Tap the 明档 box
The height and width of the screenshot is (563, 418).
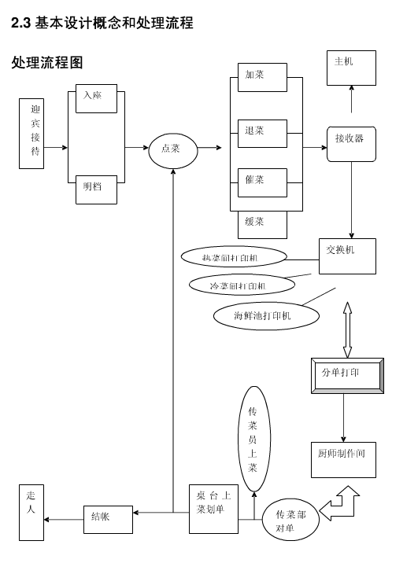pyautogui.click(x=97, y=190)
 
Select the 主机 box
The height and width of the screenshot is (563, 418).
pyautogui.click(x=351, y=68)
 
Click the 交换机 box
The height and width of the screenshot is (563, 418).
pyautogui.click(x=347, y=256)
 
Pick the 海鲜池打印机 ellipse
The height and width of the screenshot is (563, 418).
pyautogui.click(x=266, y=316)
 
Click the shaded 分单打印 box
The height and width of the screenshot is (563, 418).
pyautogui.click(x=346, y=375)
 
